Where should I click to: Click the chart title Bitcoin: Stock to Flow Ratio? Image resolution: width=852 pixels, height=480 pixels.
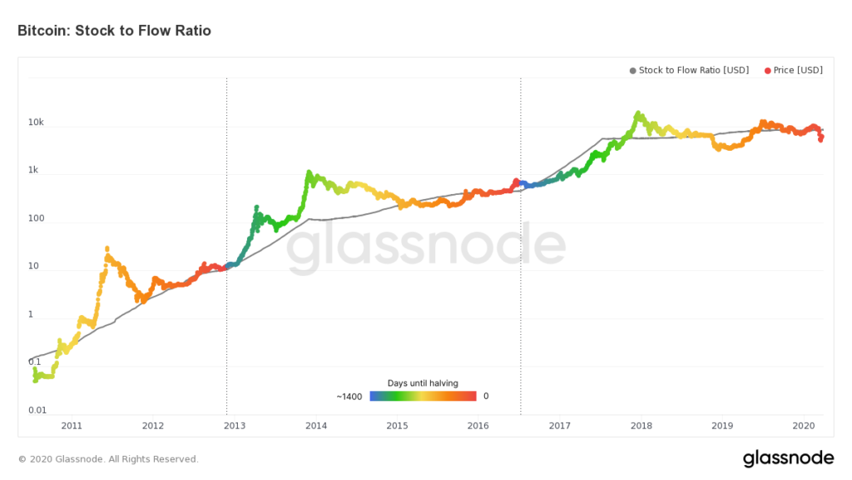(114, 31)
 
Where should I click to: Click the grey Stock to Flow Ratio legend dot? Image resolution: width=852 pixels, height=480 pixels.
(633, 71)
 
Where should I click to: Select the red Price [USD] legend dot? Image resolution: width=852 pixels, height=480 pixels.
(767, 71)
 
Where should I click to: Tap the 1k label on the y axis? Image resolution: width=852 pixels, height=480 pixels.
(33, 170)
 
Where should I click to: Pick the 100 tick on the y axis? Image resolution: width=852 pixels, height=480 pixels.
(36, 218)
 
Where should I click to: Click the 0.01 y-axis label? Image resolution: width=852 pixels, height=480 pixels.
(36, 411)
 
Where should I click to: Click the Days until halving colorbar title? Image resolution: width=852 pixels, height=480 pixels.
(423, 383)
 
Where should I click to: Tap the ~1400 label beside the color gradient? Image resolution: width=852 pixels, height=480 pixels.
(349, 397)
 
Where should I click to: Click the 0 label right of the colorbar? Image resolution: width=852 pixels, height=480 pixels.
(486, 397)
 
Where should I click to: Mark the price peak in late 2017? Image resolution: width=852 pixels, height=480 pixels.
(638, 112)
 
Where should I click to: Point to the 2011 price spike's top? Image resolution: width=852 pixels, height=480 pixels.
(107, 248)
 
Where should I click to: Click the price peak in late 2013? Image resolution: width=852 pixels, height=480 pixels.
(309, 172)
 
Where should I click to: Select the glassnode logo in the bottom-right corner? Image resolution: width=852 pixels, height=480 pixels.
(788, 457)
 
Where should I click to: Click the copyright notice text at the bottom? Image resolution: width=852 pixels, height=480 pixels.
(108, 459)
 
